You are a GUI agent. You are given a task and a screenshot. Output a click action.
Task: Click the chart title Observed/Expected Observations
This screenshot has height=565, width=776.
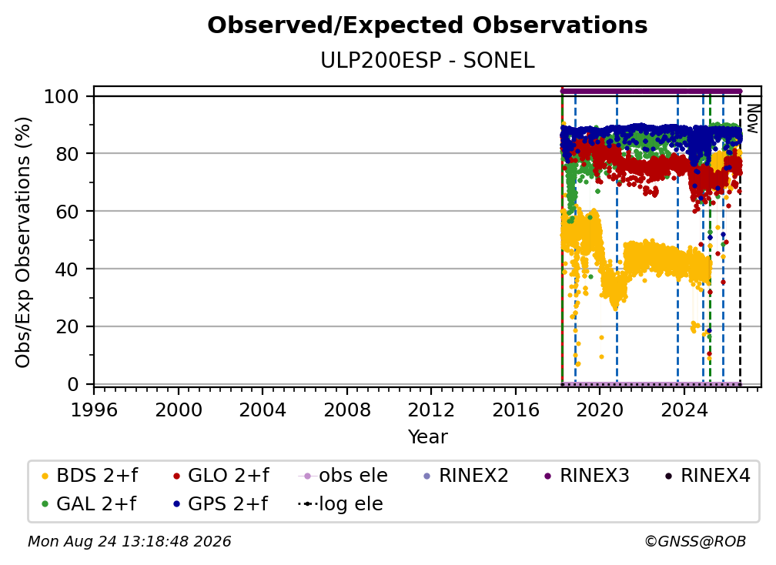point(427,25)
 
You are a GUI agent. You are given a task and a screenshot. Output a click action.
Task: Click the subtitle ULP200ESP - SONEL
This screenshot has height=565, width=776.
point(427,61)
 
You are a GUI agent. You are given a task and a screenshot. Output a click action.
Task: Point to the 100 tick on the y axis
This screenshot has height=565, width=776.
point(62,96)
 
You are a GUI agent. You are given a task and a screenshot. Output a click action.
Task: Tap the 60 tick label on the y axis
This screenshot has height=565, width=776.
point(67,212)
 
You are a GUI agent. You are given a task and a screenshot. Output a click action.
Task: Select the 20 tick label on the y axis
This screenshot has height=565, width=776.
point(67,327)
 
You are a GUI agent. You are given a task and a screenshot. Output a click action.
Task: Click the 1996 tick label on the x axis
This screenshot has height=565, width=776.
point(94,410)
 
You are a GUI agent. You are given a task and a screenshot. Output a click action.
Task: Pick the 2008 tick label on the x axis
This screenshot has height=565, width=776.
point(347,410)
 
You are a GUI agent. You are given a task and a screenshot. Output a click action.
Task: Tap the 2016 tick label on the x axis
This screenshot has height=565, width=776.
point(516,410)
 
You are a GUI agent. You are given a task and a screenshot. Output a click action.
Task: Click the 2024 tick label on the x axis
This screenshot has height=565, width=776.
point(684,410)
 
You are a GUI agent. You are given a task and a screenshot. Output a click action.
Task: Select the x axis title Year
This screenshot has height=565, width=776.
point(427,437)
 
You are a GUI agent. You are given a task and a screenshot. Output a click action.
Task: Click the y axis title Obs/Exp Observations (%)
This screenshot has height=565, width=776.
point(23,242)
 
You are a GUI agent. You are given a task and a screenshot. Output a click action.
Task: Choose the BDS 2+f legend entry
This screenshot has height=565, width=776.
point(89,476)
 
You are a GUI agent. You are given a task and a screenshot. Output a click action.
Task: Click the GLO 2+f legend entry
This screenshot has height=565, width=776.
point(221,476)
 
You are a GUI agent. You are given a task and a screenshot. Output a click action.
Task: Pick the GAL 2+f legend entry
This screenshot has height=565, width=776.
point(89,504)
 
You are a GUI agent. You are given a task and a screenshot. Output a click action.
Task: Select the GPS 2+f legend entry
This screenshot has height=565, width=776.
point(219,504)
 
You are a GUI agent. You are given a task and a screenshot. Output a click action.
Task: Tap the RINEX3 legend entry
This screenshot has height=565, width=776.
point(587,476)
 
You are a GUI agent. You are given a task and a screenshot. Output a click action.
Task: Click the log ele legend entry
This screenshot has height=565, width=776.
point(340,504)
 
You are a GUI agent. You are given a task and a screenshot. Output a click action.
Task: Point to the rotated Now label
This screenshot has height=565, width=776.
point(752,119)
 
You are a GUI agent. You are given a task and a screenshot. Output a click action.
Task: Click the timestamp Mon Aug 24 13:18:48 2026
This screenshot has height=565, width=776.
point(129,542)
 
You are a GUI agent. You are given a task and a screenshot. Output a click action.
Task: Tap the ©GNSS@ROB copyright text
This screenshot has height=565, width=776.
point(695,542)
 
